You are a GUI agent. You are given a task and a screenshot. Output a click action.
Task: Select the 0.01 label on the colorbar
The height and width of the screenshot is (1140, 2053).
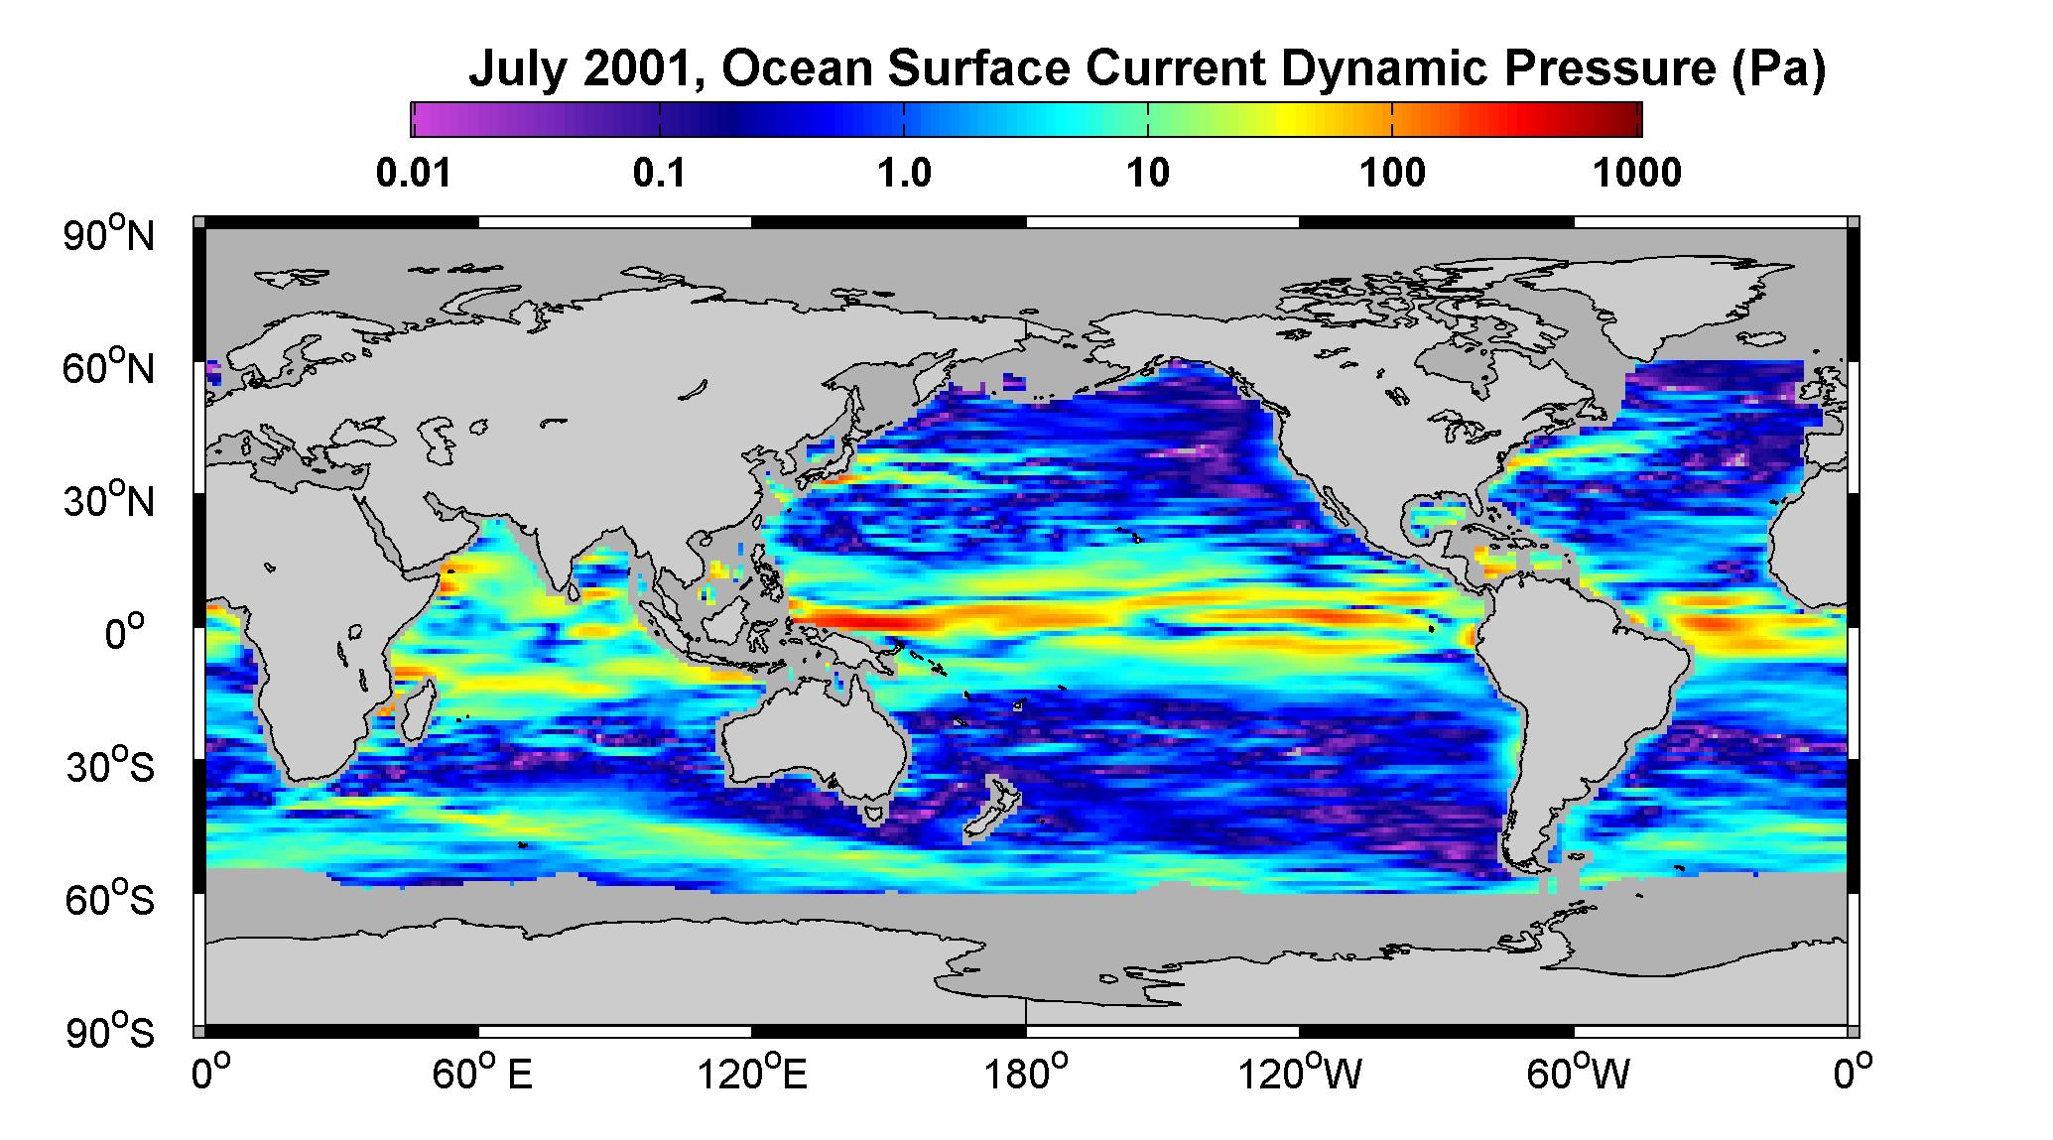pos(414,174)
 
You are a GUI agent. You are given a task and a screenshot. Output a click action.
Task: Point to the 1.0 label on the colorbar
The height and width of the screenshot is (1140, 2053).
pos(904,174)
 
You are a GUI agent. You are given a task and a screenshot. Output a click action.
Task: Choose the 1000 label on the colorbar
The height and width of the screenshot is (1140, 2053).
pos(1638,174)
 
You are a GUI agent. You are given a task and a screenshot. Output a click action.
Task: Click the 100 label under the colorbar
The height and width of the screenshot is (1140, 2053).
pos(1392,174)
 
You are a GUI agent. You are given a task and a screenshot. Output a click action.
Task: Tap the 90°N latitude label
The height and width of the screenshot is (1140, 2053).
pos(109,235)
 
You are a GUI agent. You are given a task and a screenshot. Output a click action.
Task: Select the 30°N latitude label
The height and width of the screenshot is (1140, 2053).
pos(109,500)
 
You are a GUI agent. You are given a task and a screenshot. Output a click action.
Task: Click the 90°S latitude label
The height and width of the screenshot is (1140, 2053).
pos(109,1032)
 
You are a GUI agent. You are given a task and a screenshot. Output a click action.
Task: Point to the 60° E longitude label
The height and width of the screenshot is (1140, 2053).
pos(481,1075)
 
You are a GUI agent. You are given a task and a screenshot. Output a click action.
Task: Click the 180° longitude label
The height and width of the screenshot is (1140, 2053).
pos(1026,1075)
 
